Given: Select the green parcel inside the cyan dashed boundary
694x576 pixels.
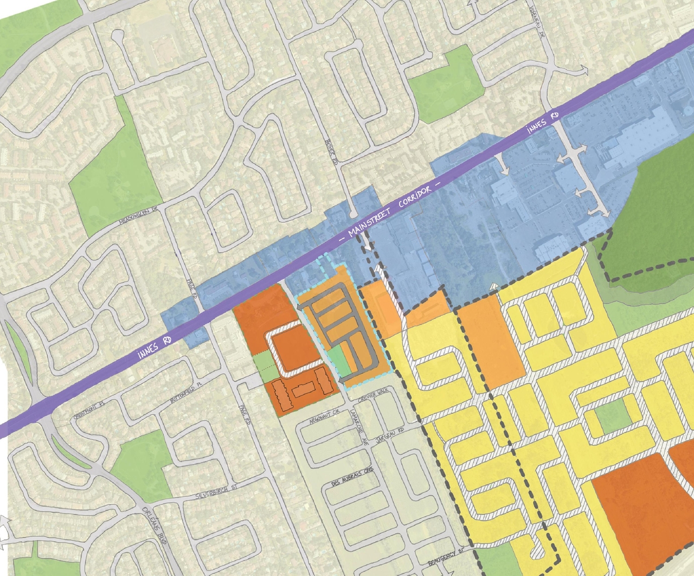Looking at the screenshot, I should [337, 360].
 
